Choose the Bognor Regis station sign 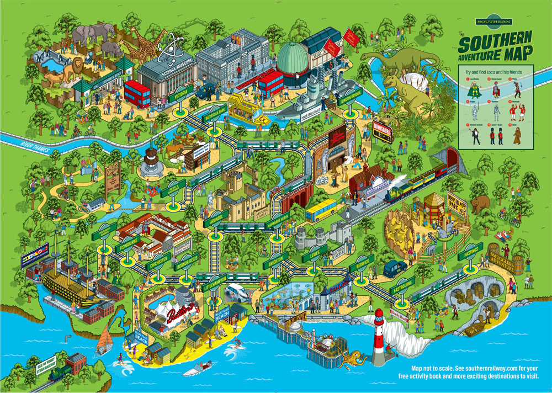point(188,260)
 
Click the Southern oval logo point(495,22)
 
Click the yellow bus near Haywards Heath point(321,210)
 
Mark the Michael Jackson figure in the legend point(476,135)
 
